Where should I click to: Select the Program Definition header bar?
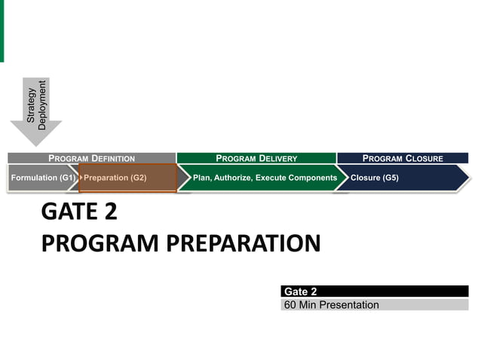pyautogui.click(x=91, y=158)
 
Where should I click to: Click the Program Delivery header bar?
pyautogui.click(x=256, y=158)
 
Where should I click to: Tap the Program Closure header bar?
pyautogui.click(x=403, y=158)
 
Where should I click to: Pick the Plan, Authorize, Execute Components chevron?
pyautogui.click(x=264, y=178)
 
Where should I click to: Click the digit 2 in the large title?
pyautogui.click(x=110, y=212)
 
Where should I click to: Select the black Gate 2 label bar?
pyautogui.click(x=374, y=291)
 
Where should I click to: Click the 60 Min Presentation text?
pyautogui.click(x=332, y=305)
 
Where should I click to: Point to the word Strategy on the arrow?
pyautogui.click(x=31, y=106)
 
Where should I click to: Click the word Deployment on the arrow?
pyautogui.click(x=42, y=105)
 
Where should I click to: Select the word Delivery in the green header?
pyautogui.click(x=278, y=158)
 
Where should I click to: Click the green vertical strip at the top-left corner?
pyautogui.click(x=2, y=30)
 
